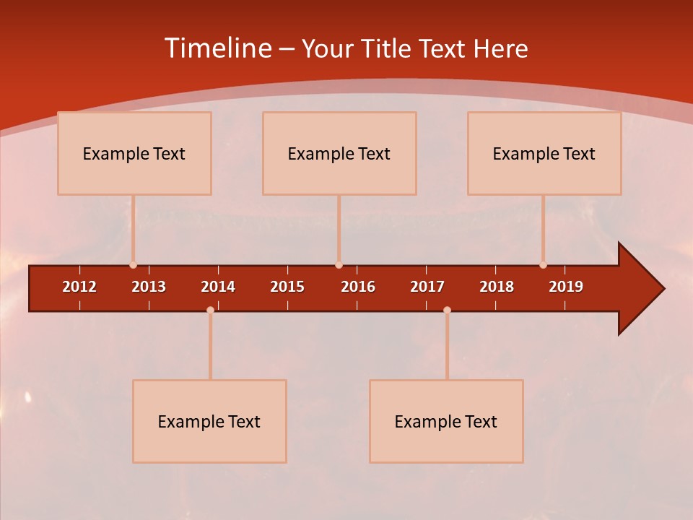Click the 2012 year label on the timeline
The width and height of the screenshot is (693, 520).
click(79, 287)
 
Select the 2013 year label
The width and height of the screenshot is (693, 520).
click(149, 287)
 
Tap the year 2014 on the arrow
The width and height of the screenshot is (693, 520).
click(218, 287)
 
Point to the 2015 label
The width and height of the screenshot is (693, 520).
click(287, 287)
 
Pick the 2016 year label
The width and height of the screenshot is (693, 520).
click(358, 287)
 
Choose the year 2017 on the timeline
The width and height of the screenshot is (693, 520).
click(427, 287)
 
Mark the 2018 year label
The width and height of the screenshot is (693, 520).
click(497, 287)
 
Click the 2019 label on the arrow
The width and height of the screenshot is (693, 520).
click(566, 287)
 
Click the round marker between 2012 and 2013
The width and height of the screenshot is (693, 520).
click(133, 265)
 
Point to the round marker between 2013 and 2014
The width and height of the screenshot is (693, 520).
click(210, 310)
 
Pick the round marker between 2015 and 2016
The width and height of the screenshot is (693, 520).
click(339, 265)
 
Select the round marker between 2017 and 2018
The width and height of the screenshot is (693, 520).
click(447, 310)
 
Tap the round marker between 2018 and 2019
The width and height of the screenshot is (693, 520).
click(543, 265)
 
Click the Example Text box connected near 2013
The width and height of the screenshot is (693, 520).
click(134, 153)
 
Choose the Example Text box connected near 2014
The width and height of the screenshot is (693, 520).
click(209, 421)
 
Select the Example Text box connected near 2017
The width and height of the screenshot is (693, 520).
click(446, 421)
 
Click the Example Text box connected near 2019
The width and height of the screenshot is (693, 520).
click(544, 153)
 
